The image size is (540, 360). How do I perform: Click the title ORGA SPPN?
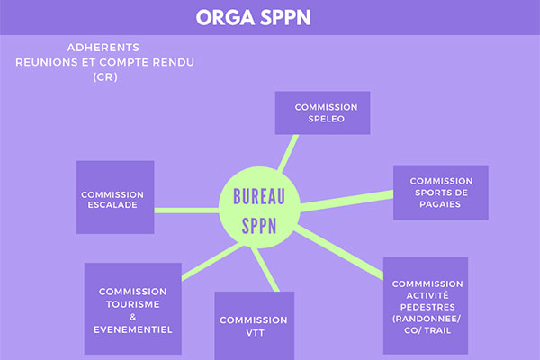[x=254, y=18]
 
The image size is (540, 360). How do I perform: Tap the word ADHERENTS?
[x=103, y=48]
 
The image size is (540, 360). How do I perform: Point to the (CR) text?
[x=105, y=77]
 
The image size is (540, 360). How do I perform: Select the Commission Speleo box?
[x=323, y=112]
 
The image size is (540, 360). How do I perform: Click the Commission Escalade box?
[x=115, y=197]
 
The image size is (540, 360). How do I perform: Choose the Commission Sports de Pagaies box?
[x=441, y=193]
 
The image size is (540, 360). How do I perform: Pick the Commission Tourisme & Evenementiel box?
[x=133, y=309]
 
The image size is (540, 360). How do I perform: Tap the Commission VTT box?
[x=255, y=326]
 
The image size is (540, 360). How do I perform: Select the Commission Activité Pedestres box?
[x=426, y=306]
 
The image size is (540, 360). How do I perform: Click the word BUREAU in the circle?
[x=259, y=197]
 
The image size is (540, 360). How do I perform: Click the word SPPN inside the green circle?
[x=259, y=226]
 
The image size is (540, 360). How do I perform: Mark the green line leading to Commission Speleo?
[x=288, y=153]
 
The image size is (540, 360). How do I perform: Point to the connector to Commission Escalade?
[x=186, y=211]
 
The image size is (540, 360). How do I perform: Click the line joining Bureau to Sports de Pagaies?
[x=346, y=201]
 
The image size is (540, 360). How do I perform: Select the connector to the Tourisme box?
[x=212, y=262]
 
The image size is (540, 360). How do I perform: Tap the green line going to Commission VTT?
[x=265, y=269]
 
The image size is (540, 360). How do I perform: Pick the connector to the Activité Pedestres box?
[x=339, y=252]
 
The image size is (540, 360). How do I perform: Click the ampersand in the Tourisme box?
[x=133, y=317]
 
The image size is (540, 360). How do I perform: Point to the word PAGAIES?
[x=440, y=204]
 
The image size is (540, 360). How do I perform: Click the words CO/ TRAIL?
[x=427, y=330]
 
